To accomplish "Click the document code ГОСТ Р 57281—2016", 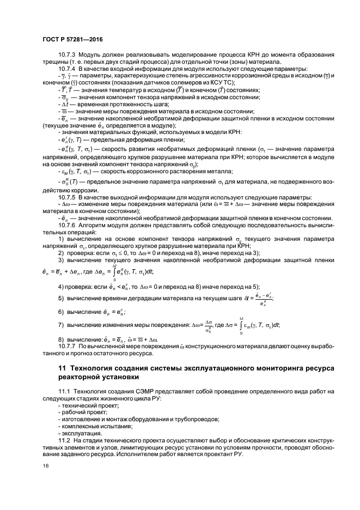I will pyautogui.click(x=72, y=40).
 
